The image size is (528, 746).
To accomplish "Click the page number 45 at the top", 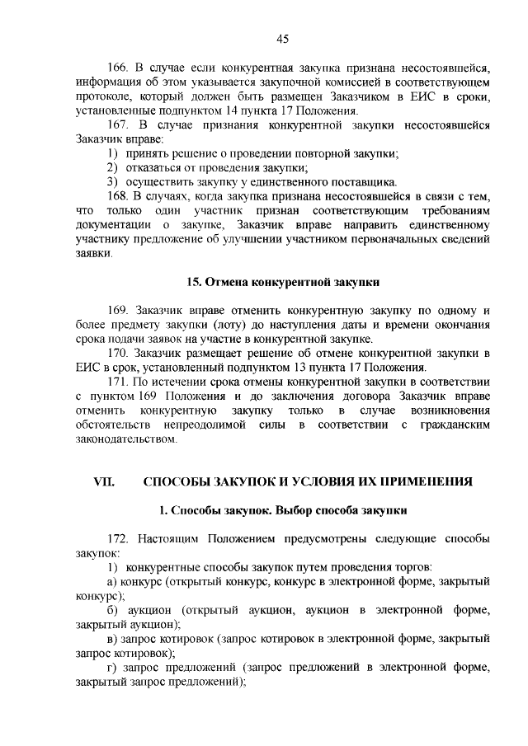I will click(x=282, y=39).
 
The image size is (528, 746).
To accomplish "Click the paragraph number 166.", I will click(x=120, y=68).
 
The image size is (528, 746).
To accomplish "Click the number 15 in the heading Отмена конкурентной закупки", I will click(x=194, y=281).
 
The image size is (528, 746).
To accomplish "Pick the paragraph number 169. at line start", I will click(x=120, y=310).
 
